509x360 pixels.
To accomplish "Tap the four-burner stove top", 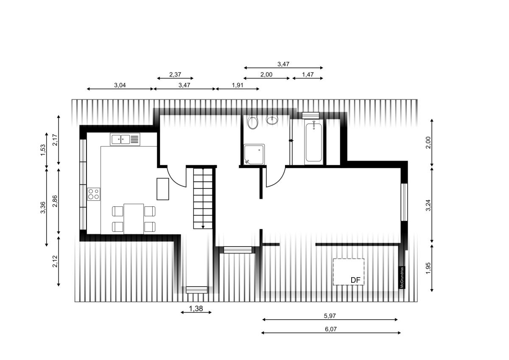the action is pos(94,194).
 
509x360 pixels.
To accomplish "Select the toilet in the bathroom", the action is pos(252,122).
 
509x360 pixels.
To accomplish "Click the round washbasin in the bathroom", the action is pos(272,120).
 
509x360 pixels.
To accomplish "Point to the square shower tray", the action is pos(254,154).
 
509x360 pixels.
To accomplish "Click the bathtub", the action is pos(313,142).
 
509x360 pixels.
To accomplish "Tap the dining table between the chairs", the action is pos(134,219).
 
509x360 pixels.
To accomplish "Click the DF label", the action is pos(355,280).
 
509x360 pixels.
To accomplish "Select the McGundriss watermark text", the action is pos(402,277).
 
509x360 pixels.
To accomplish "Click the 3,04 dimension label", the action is pos(120,85).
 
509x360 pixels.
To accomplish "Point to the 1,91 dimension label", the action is pos(238,85).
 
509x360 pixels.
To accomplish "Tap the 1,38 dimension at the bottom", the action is pos(196,309).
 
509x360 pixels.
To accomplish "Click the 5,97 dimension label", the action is pos(330,316).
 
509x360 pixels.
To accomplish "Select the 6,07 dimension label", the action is pos(330,329).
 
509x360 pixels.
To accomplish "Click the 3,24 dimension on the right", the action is pos(428,205).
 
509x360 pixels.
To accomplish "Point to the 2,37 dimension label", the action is pos(175,74).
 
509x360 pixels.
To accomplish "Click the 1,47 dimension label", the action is pos(308,74).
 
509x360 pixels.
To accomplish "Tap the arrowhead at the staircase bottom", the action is pos(203,227).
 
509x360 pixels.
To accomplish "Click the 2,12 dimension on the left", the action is pos(55,262).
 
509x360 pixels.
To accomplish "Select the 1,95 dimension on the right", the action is pos(428,268).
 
